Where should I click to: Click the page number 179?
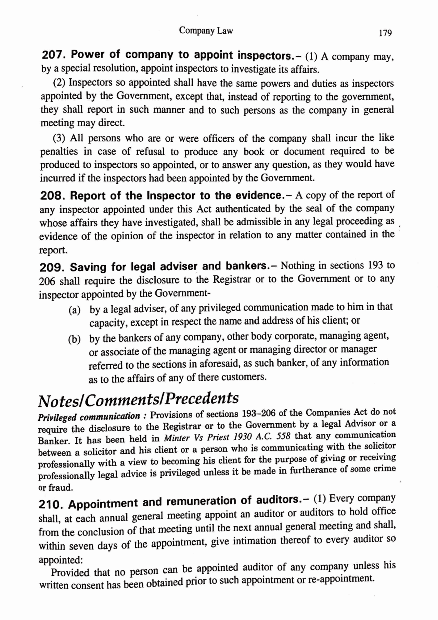[x=385, y=33]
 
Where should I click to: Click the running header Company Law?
[x=206, y=31]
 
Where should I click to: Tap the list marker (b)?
[x=75, y=340]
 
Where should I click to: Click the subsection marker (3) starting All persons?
[x=59, y=139]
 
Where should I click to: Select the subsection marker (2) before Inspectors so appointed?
[x=59, y=83]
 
